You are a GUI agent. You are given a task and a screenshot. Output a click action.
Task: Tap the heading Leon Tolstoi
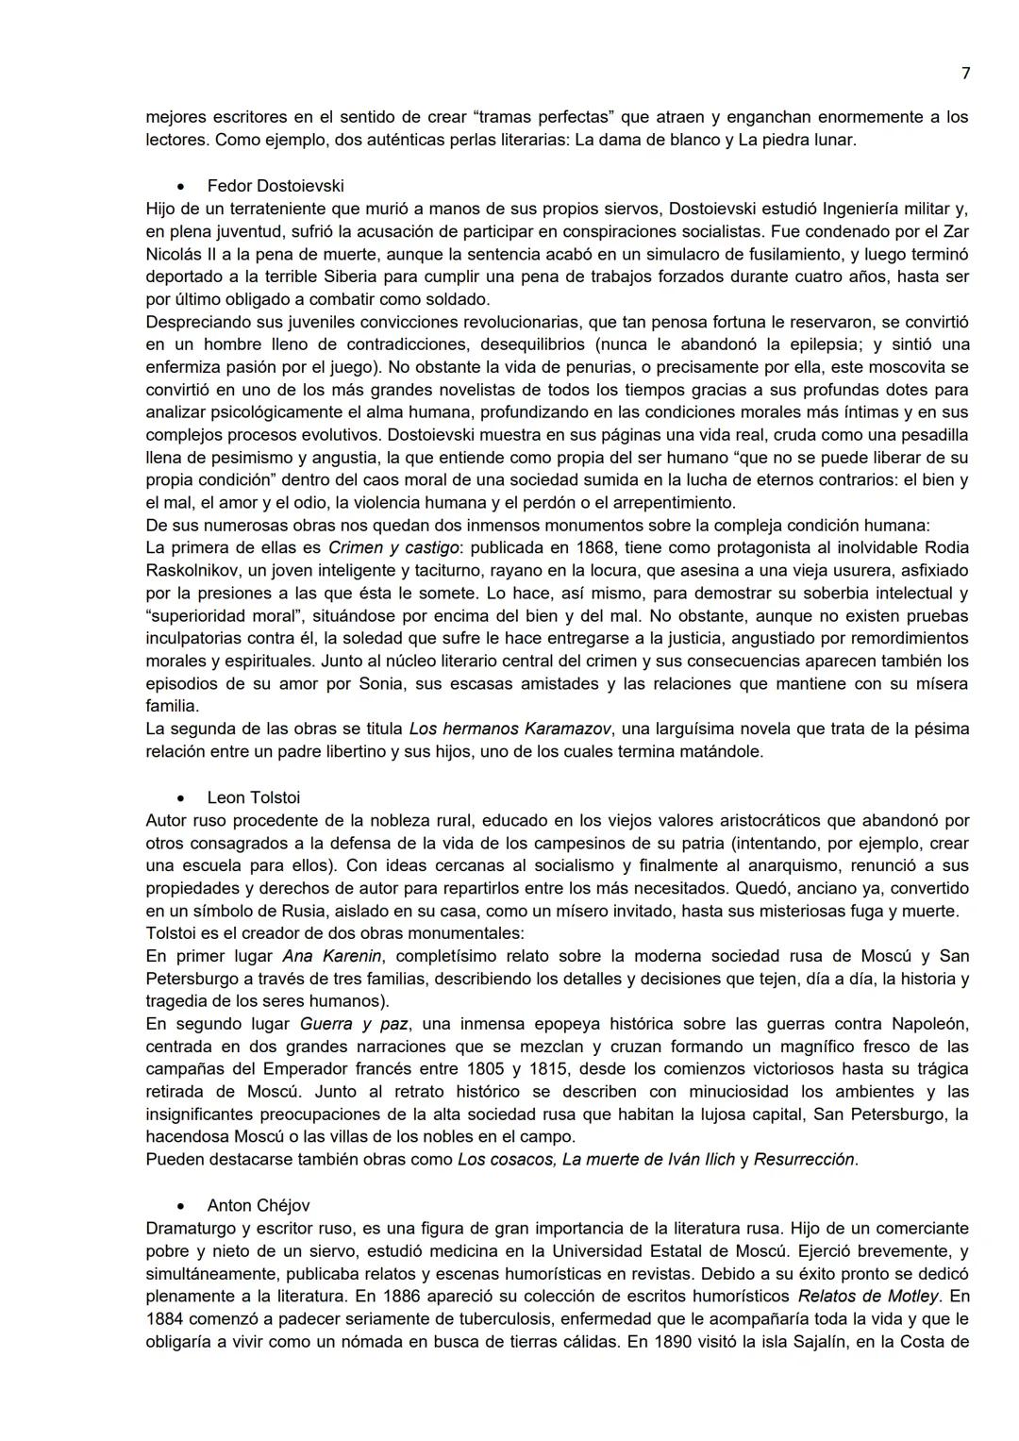253,797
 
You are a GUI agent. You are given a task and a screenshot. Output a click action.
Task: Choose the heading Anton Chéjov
258,1205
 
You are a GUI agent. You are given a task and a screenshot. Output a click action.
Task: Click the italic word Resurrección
805,1159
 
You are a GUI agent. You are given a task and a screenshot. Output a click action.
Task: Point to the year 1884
166,1318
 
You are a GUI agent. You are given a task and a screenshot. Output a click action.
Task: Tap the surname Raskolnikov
192,570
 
